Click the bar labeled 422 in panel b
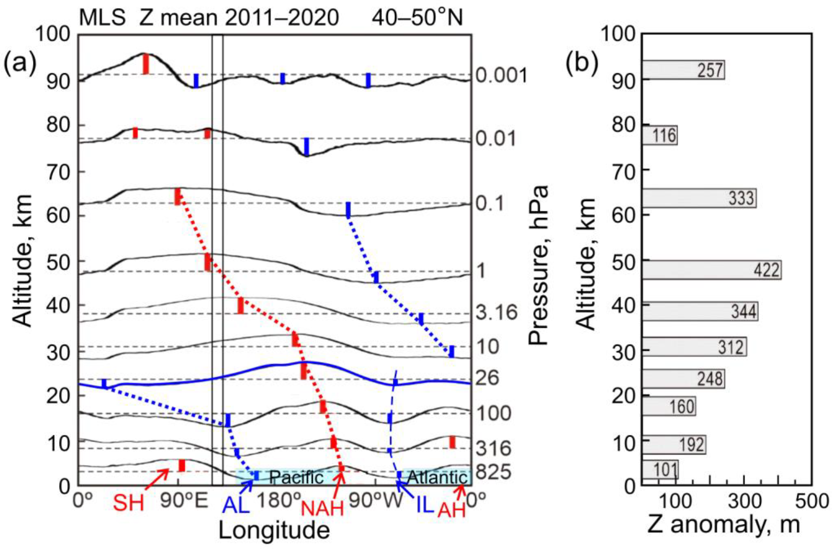(x=710, y=270)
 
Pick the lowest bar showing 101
(x=660, y=470)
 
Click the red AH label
(x=451, y=510)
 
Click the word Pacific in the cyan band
(x=296, y=477)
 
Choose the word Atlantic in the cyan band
(x=437, y=477)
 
